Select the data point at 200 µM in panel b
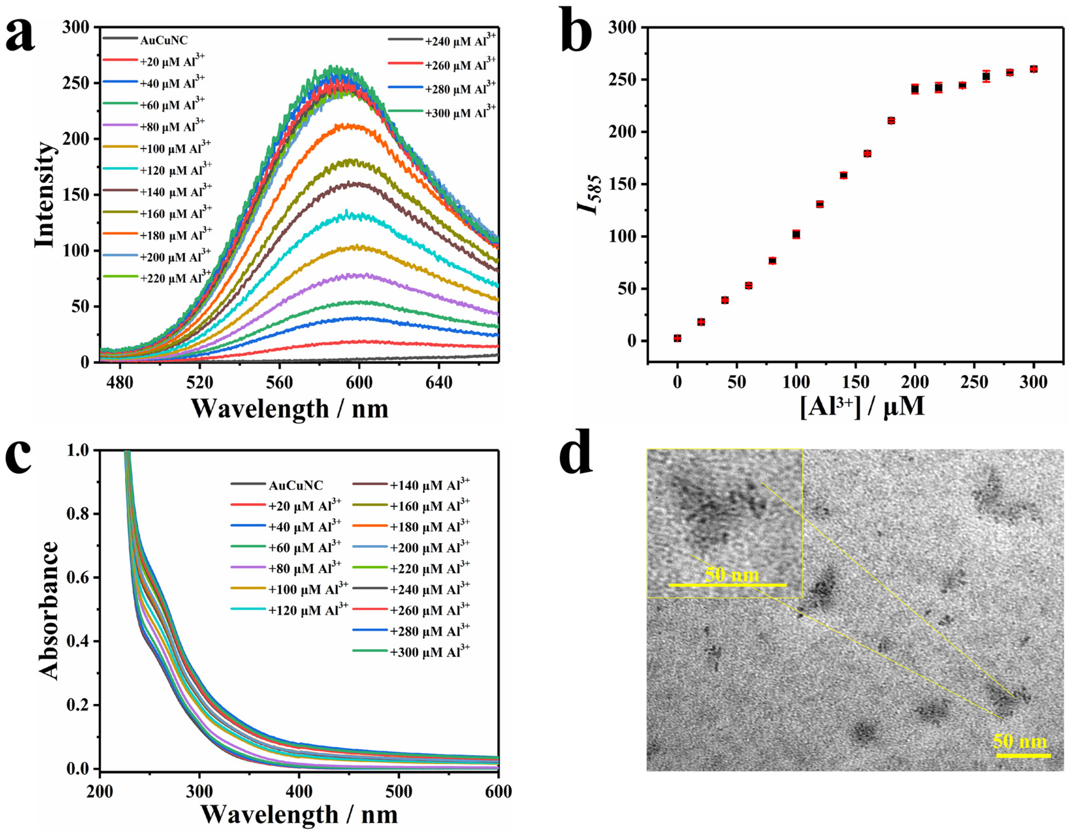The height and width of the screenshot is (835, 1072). click(x=914, y=89)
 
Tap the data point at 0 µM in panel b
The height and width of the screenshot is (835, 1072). click(x=678, y=338)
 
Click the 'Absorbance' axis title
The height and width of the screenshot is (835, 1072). click(x=49, y=610)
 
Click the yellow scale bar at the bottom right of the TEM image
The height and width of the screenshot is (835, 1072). click(x=1023, y=755)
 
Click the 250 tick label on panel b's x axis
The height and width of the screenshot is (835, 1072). click(x=974, y=382)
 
